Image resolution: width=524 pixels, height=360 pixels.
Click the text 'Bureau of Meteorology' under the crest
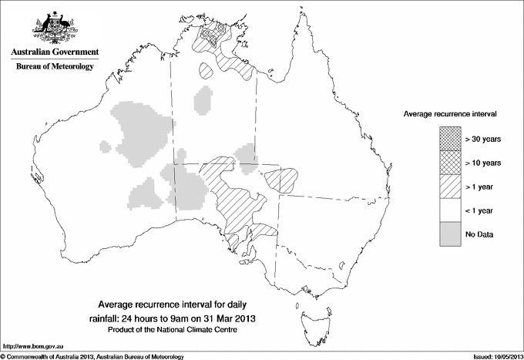pyautogui.click(x=54, y=67)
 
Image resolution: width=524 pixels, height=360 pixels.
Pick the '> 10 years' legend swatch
pyautogui.click(x=449, y=162)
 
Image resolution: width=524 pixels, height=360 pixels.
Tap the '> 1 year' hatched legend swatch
pyautogui.click(x=449, y=186)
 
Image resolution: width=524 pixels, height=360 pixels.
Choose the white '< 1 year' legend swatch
pyautogui.click(x=449, y=210)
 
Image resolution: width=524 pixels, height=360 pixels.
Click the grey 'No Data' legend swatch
pyautogui.click(x=449, y=234)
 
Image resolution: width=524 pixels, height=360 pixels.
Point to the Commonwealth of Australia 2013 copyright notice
pyautogui.click(x=92, y=355)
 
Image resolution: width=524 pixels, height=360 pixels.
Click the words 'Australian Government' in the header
pyautogui.click(x=54, y=52)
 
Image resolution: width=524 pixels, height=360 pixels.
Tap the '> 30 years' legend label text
pyautogui.click(x=482, y=139)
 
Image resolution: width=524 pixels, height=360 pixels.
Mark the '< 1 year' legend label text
pyautogui.click(x=480, y=210)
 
